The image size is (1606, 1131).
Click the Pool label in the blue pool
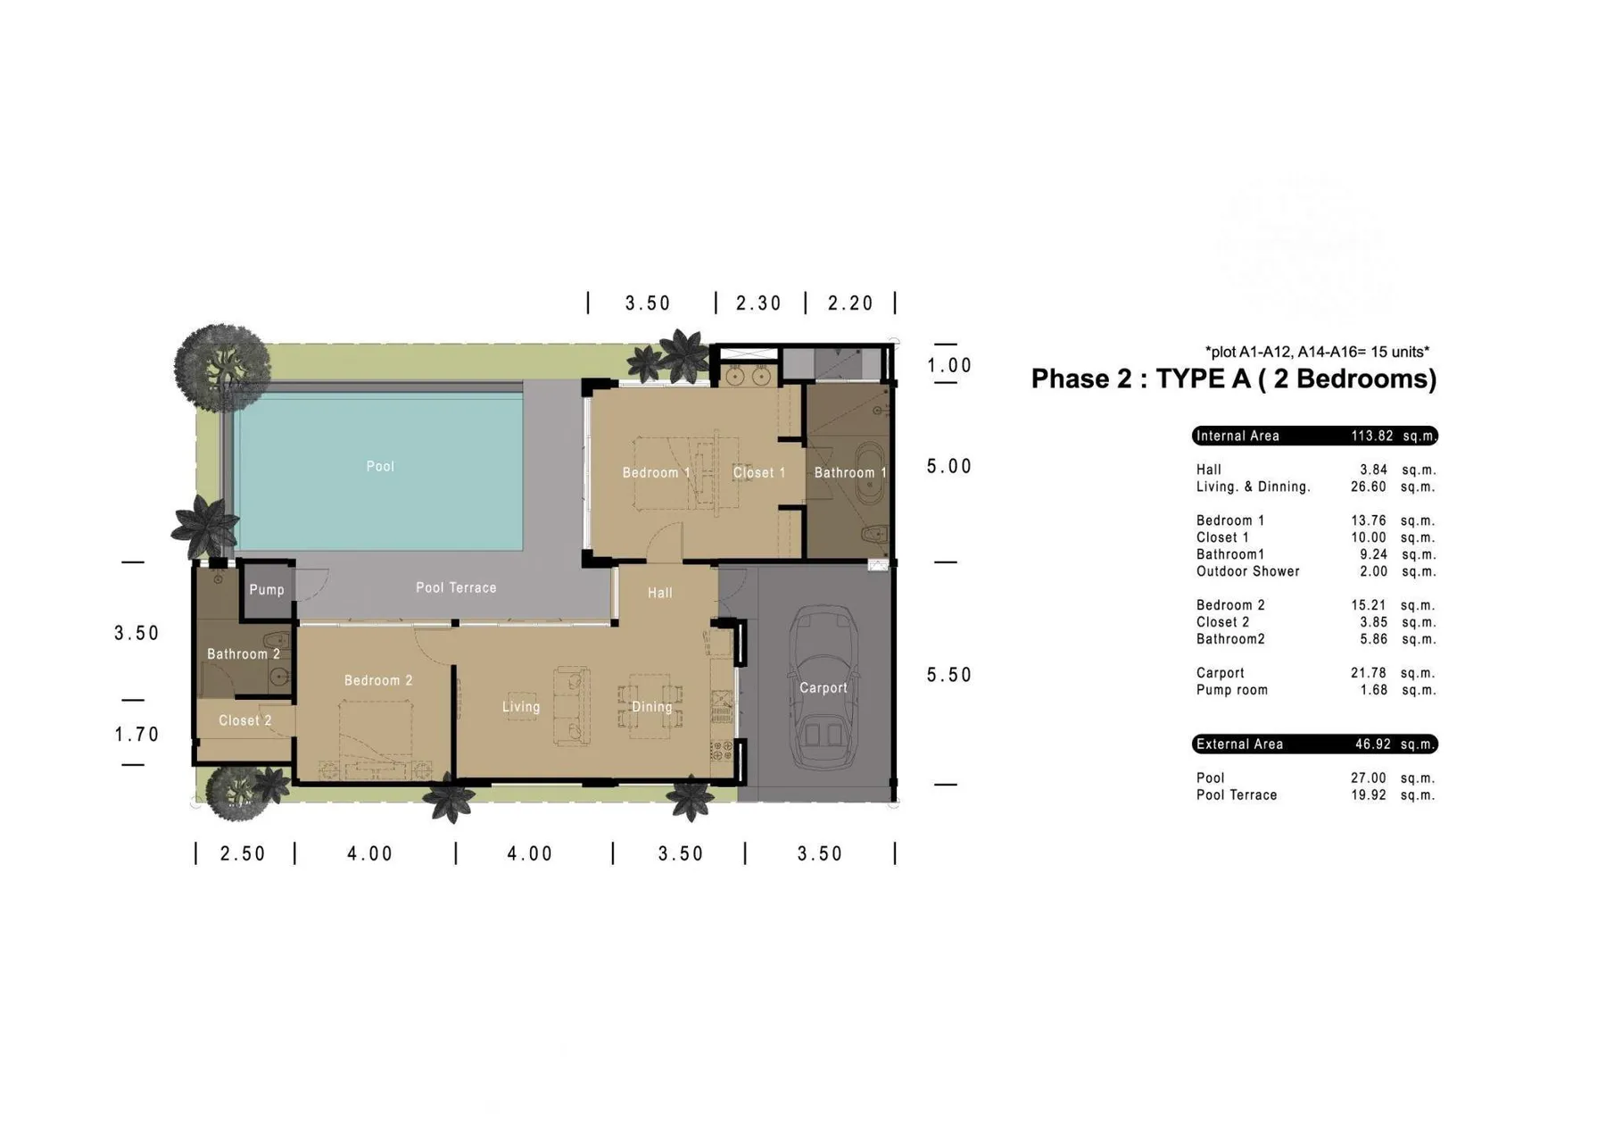(380, 466)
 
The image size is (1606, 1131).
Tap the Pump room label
(266, 589)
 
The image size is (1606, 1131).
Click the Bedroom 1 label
(656, 472)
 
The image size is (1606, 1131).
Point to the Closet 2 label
(244, 720)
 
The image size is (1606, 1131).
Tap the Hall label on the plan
(659, 593)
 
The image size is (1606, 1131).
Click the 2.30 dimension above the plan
(758, 304)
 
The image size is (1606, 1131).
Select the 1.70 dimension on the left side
(137, 734)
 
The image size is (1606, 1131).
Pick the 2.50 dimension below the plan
(243, 853)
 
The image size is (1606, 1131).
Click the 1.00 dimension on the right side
(948, 365)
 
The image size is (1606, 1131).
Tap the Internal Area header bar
(1313, 436)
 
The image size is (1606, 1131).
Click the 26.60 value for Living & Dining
(1368, 486)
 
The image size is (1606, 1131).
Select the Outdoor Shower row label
(1247, 571)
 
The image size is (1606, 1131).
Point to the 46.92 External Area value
(1372, 744)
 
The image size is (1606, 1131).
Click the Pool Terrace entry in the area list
(1236, 794)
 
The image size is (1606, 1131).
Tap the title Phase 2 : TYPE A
(1233, 378)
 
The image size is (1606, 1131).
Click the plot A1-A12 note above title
(1316, 352)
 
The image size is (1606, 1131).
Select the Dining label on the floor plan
(651, 707)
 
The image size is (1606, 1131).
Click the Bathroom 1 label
(849, 472)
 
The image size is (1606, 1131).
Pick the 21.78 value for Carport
(1368, 672)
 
